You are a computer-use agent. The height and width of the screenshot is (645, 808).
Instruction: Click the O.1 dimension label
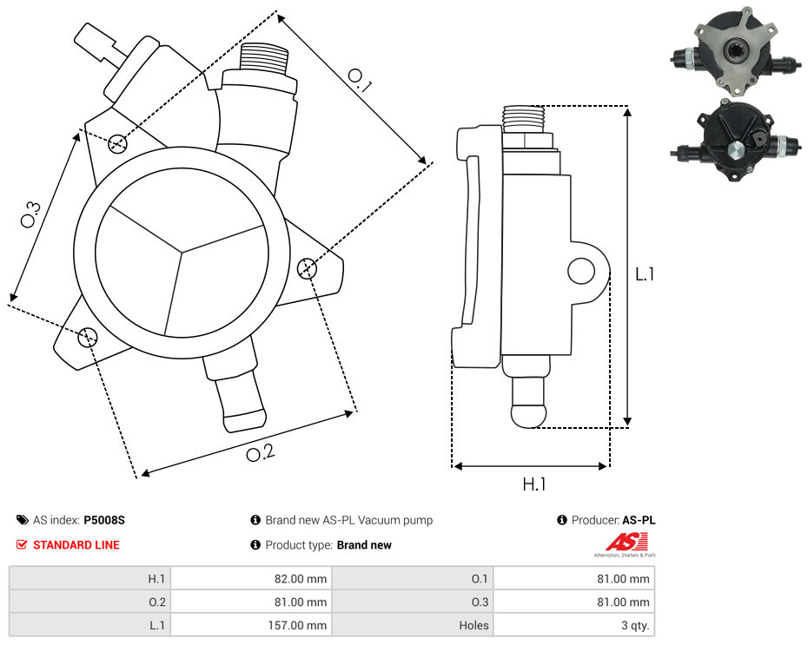(359, 81)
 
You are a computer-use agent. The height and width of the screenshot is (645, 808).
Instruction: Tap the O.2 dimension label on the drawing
(261, 452)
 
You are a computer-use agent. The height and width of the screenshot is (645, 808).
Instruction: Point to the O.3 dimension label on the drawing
(30, 214)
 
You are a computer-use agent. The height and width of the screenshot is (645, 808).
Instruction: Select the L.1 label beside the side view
(645, 274)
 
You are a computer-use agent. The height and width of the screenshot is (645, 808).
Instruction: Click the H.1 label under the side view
(533, 484)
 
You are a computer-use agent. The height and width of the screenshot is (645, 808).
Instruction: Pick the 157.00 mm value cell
(297, 625)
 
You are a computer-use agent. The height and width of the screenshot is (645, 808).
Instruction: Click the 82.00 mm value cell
(301, 579)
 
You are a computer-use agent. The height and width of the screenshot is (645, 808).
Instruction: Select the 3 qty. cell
(635, 625)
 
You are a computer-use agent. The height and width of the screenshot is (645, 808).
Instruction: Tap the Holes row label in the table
(474, 625)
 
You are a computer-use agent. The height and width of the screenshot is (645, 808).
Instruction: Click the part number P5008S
(104, 520)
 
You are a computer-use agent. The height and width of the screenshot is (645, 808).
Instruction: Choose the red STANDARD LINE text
(76, 544)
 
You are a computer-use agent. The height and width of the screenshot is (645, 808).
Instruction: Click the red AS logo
(626, 543)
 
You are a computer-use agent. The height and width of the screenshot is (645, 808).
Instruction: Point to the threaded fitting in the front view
(264, 57)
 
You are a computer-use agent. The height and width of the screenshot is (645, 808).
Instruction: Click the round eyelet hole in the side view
(581, 271)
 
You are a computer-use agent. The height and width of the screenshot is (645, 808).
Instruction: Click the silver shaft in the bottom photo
(735, 150)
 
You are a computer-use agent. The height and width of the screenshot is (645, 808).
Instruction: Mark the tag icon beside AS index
(23, 520)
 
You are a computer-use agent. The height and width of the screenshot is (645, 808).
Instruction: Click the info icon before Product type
(255, 544)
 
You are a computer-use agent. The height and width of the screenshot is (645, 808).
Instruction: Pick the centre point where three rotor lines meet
(182, 253)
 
